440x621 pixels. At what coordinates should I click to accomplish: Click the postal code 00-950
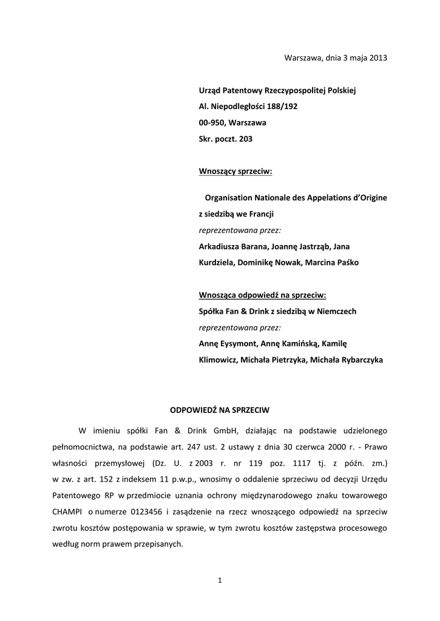pyautogui.click(x=212, y=123)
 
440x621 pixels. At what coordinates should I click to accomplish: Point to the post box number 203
pyautogui.click(x=246, y=139)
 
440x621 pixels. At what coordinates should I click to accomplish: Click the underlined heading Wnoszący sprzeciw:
pyautogui.click(x=235, y=172)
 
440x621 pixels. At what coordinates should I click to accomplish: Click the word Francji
pyautogui.click(x=262, y=214)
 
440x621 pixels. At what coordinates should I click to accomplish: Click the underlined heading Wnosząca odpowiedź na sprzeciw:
pyautogui.click(x=262, y=295)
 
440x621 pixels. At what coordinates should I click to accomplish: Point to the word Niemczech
pyautogui.click(x=336, y=311)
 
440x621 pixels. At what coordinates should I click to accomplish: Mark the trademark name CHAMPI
pyautogui.click(x=67, y=512)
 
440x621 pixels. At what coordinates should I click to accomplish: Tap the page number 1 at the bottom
pyautogui.click(x=220, y=581)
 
